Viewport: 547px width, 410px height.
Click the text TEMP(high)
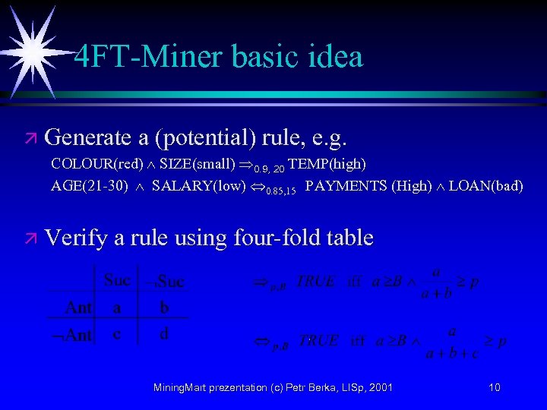pyautogui.click(x=327, y=164)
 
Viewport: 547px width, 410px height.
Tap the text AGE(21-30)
pyautogui.click(x=89, y=186)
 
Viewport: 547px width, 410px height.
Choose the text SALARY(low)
pyautogui.click(x=198, y=186)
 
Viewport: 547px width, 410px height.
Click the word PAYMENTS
pyautogui.click(x=346, y=186)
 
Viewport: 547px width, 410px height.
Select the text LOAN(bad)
pyautogui.click(x=485, y=186)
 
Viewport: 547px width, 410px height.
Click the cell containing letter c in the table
pyautogui.click(x=117, y=334)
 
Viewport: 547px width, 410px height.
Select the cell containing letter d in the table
pyautogui.click(x=164, y=334)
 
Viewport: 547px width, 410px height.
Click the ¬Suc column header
pyautogui.click(x=166, y=282)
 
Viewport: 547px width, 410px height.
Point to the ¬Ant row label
pyautogui.click(x=72, y=335)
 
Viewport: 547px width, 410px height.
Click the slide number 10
pyautogui.click(x=495, y=388)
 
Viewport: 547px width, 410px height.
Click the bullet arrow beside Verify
pyautogui.click(x=29, y=239)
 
